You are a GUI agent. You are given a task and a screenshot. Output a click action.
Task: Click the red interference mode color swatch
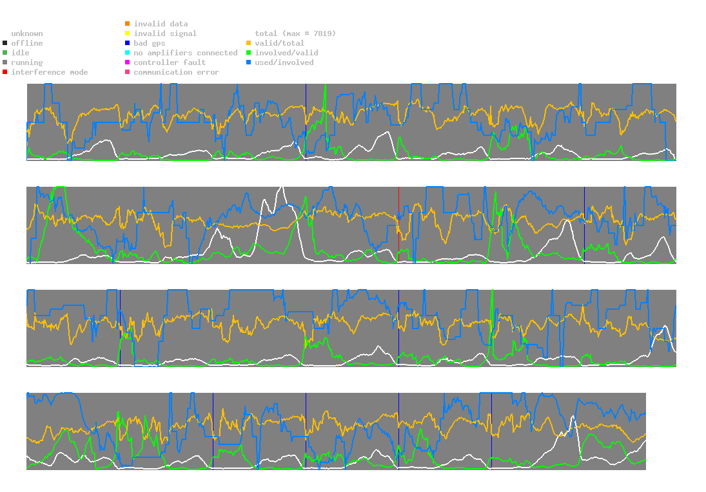(x=5, y=72)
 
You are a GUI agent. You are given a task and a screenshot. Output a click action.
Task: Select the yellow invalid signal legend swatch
(x=128, y=33)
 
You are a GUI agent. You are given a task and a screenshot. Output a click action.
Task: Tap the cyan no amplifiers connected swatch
(x=128, y=53)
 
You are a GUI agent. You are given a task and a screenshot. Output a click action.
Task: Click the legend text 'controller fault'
(x=170, y=62)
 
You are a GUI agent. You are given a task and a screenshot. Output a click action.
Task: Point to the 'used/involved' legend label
(x=284, y=62)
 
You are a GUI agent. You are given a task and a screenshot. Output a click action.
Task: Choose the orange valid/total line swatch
(x=249, y=43)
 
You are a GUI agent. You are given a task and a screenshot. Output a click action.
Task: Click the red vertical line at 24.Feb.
(x=398, y=225)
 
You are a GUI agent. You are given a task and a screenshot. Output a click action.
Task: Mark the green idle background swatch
(x=5, y=53)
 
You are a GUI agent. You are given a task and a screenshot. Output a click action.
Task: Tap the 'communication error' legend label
(x=176, y=72)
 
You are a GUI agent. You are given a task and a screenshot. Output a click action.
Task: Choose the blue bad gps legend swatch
(x=128, y=43)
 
